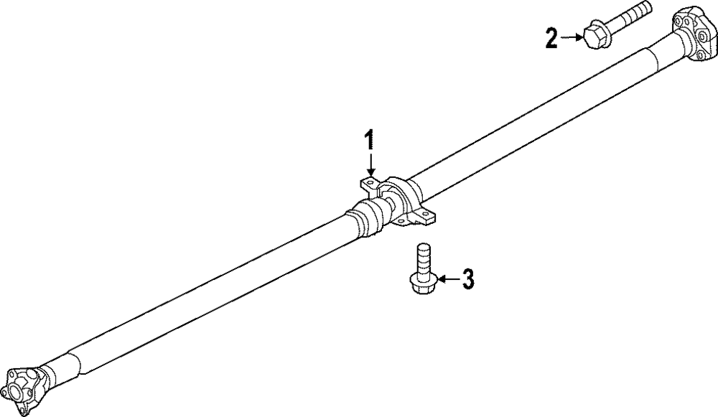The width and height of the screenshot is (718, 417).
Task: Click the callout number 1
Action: point(370,139)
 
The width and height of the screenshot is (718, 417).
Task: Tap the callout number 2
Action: point(551,37)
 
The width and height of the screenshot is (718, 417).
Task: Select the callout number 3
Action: point(467,278)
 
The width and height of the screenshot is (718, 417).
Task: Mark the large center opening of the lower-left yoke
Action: point(14,392)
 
